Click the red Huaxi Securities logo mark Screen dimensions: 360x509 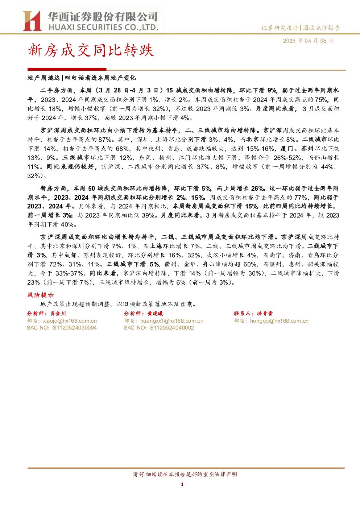coord(32,21)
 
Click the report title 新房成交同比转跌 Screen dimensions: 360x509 coord(91,50)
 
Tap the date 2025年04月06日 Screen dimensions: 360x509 coord(308,41)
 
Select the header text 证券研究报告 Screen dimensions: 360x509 coord(280,28)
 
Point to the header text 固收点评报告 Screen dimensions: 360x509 coord(321,28)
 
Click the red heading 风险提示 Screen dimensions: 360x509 coord(41,295)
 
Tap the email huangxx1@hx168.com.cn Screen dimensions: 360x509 coord(172,321)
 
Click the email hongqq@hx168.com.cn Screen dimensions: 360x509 coord(279,321)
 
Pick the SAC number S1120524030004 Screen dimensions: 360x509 coord(75,328)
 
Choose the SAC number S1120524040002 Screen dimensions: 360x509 coord(172,328)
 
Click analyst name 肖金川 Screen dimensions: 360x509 coord(58,314)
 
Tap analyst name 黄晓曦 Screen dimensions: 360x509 coord(155,314)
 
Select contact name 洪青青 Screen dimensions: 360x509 coord(265,314)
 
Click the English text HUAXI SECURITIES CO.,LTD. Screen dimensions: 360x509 coord(104,27)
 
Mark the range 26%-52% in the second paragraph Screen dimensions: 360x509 coord(287,158)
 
